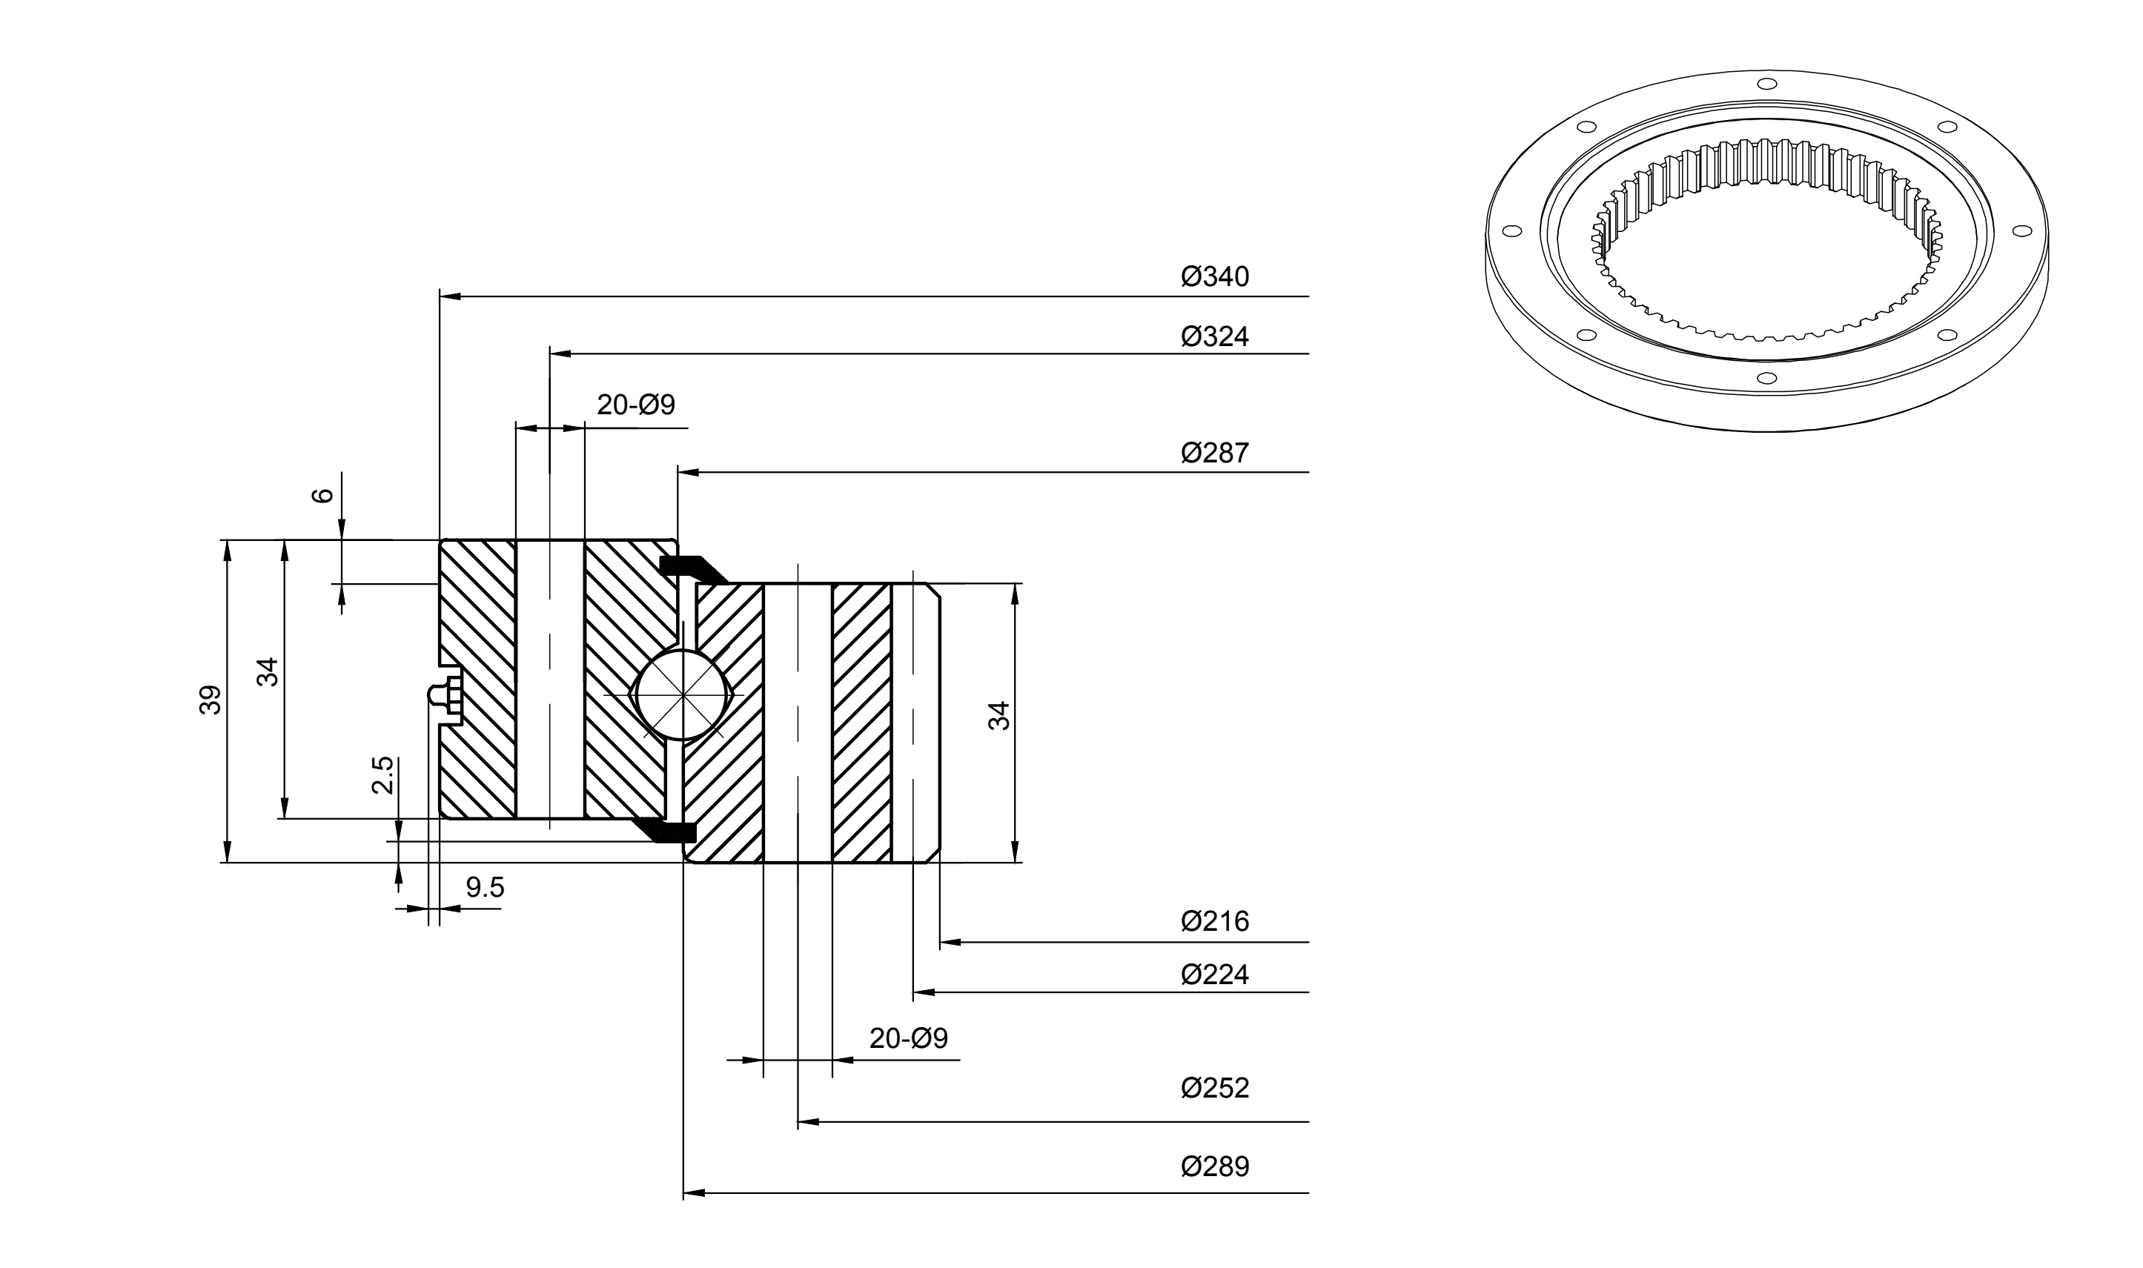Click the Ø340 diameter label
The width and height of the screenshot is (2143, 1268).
[1214, 277]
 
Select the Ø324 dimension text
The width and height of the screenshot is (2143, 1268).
[1214, 336]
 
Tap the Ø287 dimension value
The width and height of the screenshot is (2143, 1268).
[1214, 453]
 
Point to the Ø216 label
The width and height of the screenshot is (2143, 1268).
[1214, 921]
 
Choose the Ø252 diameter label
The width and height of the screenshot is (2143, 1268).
[1214, 1088]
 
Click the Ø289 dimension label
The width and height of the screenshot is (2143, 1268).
[1214, 1166]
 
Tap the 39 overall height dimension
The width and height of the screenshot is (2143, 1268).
[211, 700]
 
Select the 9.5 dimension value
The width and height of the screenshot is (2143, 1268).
[485, 888]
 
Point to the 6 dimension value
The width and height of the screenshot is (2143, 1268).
[322, 496]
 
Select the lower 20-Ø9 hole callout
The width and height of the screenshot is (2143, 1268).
[908, 1038]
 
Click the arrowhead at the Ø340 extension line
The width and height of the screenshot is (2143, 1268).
[450, 296]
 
